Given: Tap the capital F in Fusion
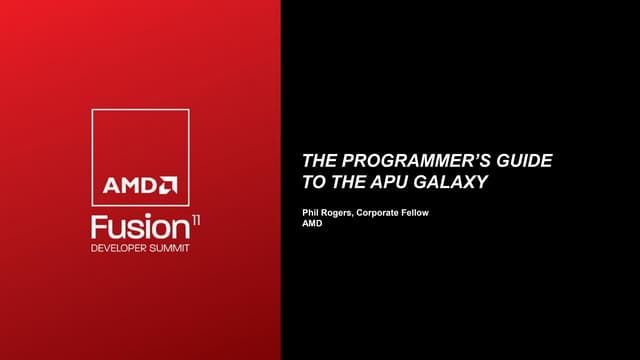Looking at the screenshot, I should [x=98, y=223].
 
